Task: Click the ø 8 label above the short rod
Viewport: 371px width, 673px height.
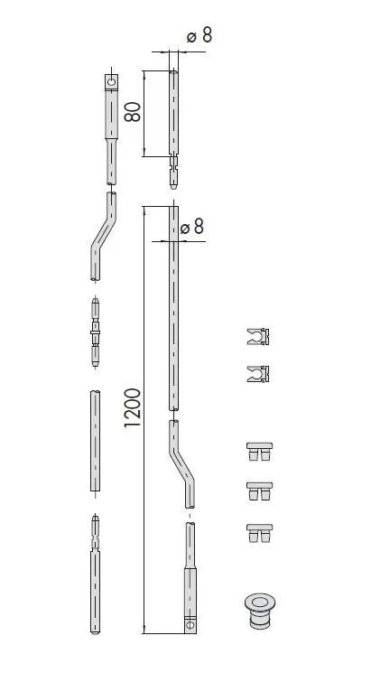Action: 199,36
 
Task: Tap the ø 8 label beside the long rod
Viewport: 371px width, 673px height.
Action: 192,227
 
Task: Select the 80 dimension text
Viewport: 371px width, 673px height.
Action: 133,112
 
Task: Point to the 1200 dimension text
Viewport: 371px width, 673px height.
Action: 133,407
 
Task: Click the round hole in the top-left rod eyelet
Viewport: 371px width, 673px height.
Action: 112,81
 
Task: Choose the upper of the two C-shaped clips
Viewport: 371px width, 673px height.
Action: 258,336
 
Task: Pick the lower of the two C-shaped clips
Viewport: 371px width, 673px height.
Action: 258,374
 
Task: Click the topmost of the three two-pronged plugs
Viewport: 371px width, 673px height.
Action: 259,452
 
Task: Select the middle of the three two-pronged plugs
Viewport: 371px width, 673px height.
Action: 259,491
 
